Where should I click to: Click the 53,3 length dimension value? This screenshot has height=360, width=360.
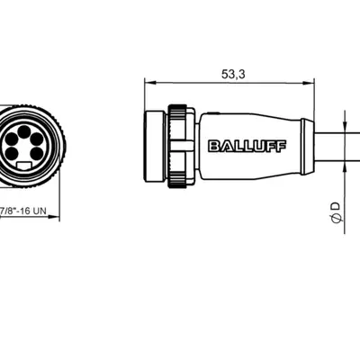[233, 74]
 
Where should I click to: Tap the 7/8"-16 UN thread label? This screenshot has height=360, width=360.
[23, 211]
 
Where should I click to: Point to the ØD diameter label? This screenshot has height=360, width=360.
[337, 212]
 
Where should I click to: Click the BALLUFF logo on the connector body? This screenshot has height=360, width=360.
[247, 146]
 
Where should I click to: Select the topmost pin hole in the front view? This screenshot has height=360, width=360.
[24, 130]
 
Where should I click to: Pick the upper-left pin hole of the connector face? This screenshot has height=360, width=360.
[12, 139]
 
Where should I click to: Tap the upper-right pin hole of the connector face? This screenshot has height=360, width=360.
[37, 139]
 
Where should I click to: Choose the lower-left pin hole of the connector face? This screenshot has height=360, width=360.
[12, 153]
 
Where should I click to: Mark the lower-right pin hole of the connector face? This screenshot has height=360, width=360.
[37, 153]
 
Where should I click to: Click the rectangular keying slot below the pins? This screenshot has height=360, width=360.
[24, 166]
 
